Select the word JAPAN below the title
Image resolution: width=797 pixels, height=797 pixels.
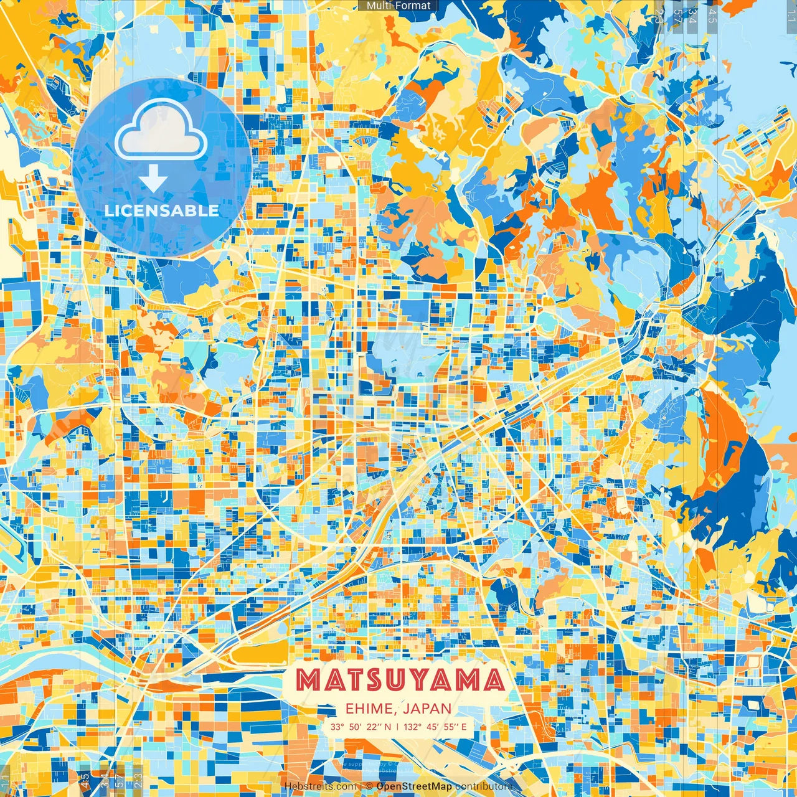427,709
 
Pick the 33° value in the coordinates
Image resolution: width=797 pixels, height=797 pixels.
337,727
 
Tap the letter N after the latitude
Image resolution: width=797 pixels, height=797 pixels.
388,727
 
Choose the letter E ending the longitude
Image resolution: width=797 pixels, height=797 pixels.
464,727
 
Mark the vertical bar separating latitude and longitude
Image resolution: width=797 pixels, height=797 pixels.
397,727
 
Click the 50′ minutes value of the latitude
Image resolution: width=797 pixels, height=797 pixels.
355,727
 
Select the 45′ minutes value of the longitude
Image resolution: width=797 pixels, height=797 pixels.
432,727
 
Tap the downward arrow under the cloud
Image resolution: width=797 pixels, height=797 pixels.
153,179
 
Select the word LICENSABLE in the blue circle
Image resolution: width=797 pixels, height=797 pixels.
162,210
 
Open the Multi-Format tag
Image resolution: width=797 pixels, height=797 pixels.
398,6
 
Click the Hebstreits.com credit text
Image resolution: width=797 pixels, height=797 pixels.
320,786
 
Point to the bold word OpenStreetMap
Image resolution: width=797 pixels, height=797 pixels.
414,786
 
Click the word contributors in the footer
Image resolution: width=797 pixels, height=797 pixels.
484,786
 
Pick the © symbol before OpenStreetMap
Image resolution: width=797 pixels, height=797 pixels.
369,786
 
